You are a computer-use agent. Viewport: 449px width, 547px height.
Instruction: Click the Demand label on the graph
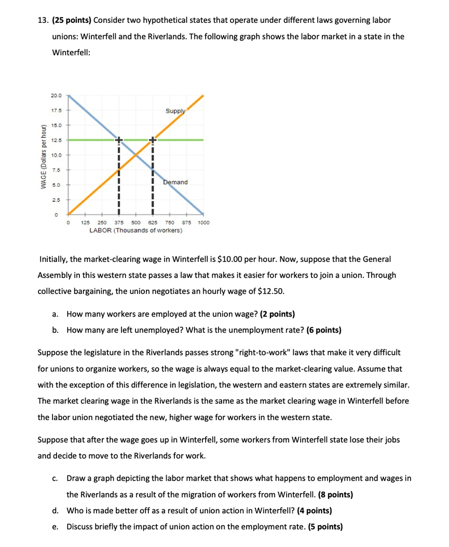click(x=175, y=182)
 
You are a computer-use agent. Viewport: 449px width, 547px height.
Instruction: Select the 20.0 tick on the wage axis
click(x=56, y=96)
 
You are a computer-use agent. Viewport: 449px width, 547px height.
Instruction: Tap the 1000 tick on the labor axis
click(x=203, y=222)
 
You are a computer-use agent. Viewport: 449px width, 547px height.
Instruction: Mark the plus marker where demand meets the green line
click(x=118, y=140)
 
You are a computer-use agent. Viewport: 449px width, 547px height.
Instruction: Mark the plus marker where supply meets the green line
click(x=153, y=140)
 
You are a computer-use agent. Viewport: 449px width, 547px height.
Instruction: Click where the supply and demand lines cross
click(x=135, y=155)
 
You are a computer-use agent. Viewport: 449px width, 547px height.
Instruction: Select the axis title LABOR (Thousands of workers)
click(x=135, y=229)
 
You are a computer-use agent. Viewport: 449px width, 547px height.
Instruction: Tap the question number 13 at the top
click(x=43, y=20)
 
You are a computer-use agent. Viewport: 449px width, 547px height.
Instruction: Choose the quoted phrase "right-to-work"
click(x=265, y=352)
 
